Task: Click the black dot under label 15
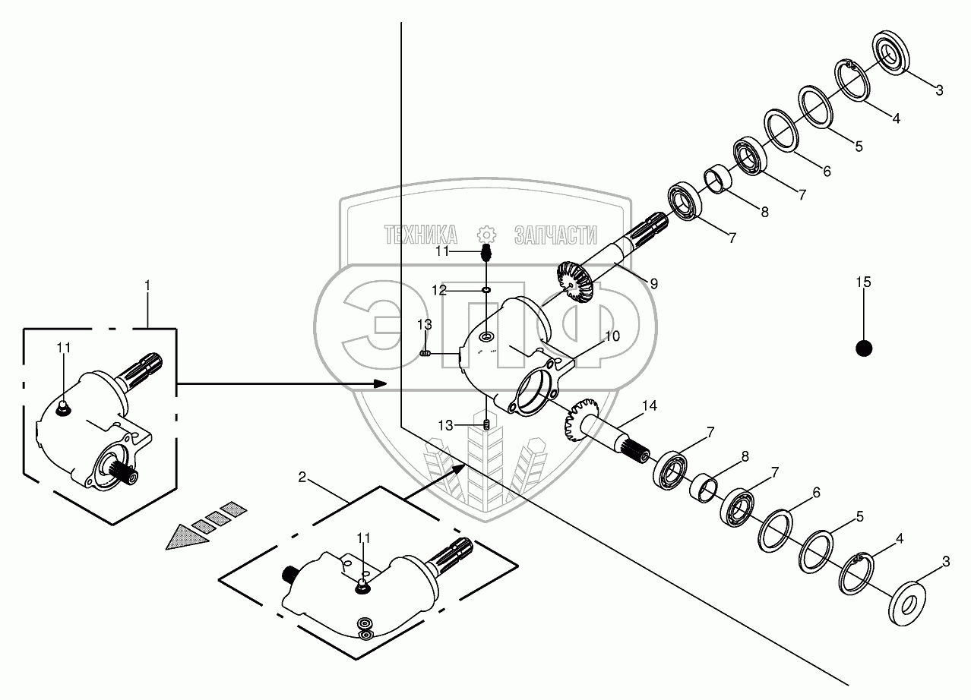click(863, 348)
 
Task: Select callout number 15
click(863, 282)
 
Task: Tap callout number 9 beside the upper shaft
click(653, 282)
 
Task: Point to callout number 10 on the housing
click(612, 335)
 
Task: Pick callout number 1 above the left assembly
click(147, 285)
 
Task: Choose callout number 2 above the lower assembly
click(302, 477)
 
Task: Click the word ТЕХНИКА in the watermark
click(421, 235)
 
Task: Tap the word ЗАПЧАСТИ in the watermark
click(555, 235)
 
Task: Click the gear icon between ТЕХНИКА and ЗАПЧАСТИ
click(485, 234)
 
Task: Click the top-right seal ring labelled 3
click(886, 52)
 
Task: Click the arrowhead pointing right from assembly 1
click(381, 384)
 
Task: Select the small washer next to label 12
click(487, 290)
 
